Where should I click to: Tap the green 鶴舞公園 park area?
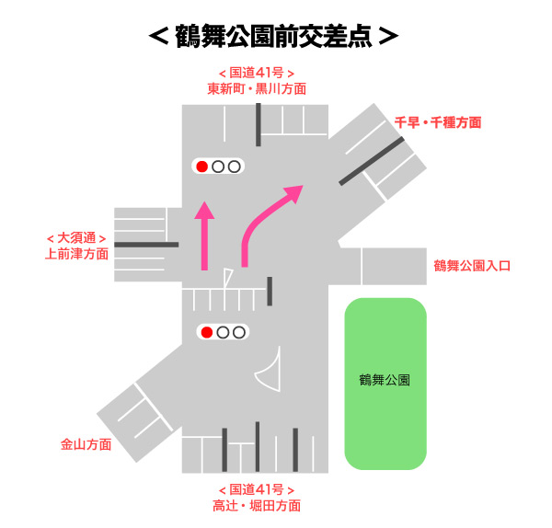pyautogui.click(x=385, y=382)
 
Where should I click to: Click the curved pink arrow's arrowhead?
pyautogui.click(x=294, y=193)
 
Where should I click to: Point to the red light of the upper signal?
pyautogui.click(x=201, y=166)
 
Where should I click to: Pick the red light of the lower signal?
pyautogui.click(x=207, y=332)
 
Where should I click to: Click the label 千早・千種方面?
pyautogui.click(x=437, y=121)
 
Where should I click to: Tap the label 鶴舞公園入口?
pyautogui.click(x=471, y=266)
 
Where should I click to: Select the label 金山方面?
pyautogui.click(x=86, y=444)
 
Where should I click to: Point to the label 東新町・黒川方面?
pyautogui.click(x=257, y=88)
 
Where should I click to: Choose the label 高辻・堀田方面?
pyautogui.click(x=257, y=505)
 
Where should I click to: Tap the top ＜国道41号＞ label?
pyautogui.click(x=257, y=73)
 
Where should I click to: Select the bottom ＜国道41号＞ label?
pyautogui.click(x=257, y=488)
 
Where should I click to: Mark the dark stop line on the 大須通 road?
pyautogui.click(x=146, y=245)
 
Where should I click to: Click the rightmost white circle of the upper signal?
pyautogui.click(x=234, y=166)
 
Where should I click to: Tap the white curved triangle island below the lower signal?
pyautogui.click(x=269, y=373)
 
